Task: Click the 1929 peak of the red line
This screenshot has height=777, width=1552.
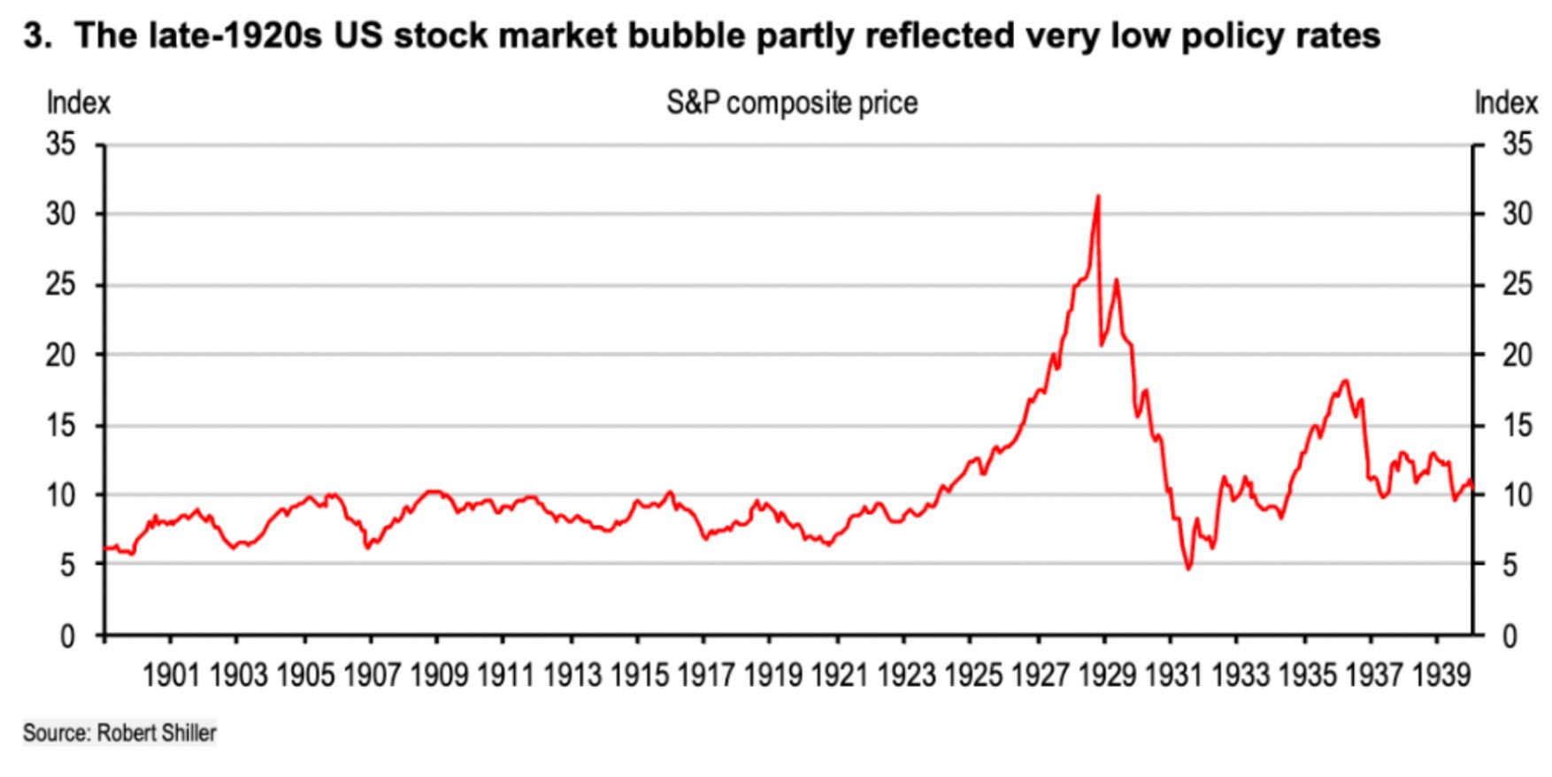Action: [x=1098, y=196]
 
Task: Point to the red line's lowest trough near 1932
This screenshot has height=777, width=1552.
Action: [x=1189, y=568]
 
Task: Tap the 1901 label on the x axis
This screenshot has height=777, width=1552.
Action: [x=171, y=676]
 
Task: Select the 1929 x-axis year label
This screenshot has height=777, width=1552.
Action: [x=1106, y=676]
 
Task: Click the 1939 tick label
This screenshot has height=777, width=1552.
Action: [x=1441, y=676]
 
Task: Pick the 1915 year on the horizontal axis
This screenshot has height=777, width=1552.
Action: [x=639, y=676]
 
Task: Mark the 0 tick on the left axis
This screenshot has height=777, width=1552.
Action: [x=67, y=636]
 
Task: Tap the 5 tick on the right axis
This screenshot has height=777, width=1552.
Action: [x=1510, y=565]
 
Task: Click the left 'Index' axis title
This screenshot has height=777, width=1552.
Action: [x=78, y=104]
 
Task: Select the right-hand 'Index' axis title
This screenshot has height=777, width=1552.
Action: [x=1506, y=104]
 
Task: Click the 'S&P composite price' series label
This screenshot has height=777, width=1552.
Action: [x=792, y=104]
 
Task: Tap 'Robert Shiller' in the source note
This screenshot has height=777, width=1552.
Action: [x=156, y=733]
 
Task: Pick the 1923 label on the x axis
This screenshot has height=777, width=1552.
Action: [x=906, y=676]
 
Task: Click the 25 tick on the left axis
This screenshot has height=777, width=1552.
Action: [x=61, y=285]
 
